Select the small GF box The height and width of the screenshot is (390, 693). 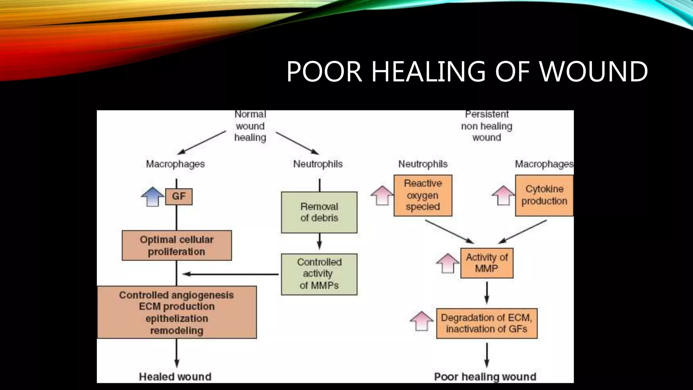point(179,197)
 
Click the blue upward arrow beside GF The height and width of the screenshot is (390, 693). point(152,197)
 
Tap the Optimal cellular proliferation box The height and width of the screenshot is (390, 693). point(177,245)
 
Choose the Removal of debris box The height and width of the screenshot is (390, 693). point(319,212)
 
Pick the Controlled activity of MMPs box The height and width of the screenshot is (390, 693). point(319,274)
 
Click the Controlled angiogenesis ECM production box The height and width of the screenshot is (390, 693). point(177,312)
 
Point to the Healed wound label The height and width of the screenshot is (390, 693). point(175,376)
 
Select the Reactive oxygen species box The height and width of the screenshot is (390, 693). point(423,195)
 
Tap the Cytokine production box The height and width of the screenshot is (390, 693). point(544,195)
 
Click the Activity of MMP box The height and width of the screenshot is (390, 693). point(487,263)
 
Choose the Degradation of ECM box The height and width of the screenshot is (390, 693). point(487,323)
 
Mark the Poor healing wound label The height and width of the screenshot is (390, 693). point(485,376)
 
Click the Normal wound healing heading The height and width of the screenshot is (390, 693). point(250,126)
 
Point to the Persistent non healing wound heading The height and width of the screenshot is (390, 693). point(487,126)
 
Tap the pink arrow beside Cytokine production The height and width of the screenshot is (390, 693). point(503,195)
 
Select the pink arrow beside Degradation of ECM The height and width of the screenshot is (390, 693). point(422,321)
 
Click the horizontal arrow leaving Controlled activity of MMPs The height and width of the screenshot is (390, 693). point(230,274)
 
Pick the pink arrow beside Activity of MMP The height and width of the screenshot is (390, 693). point(448,263)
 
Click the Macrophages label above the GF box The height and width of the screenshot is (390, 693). point(175,164)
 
